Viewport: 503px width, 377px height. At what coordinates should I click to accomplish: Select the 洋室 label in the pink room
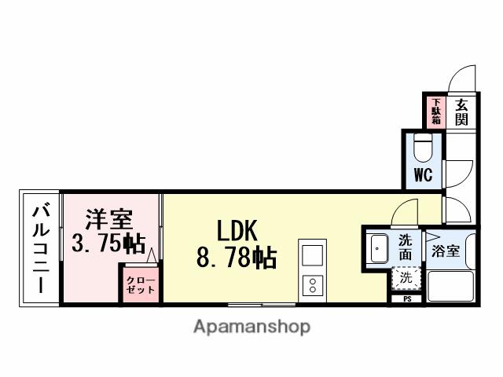(x=109, y=218)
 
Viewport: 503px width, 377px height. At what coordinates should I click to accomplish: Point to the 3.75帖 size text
(x=108, y=243)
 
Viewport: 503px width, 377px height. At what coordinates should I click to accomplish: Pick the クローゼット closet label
(x=141, y=284)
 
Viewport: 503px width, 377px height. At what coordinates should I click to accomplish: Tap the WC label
(x=423, y=175)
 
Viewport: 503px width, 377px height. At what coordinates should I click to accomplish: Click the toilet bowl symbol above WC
(x=423, y=148)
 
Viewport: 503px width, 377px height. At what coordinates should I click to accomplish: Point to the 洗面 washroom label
(x=406, y=247)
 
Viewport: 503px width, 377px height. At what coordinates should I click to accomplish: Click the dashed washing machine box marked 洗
(x=406, y=277)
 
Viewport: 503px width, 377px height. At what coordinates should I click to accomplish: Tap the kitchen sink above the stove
(x=310, y=256)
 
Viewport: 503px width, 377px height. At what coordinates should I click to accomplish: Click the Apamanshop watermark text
(x=251, y=326)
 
